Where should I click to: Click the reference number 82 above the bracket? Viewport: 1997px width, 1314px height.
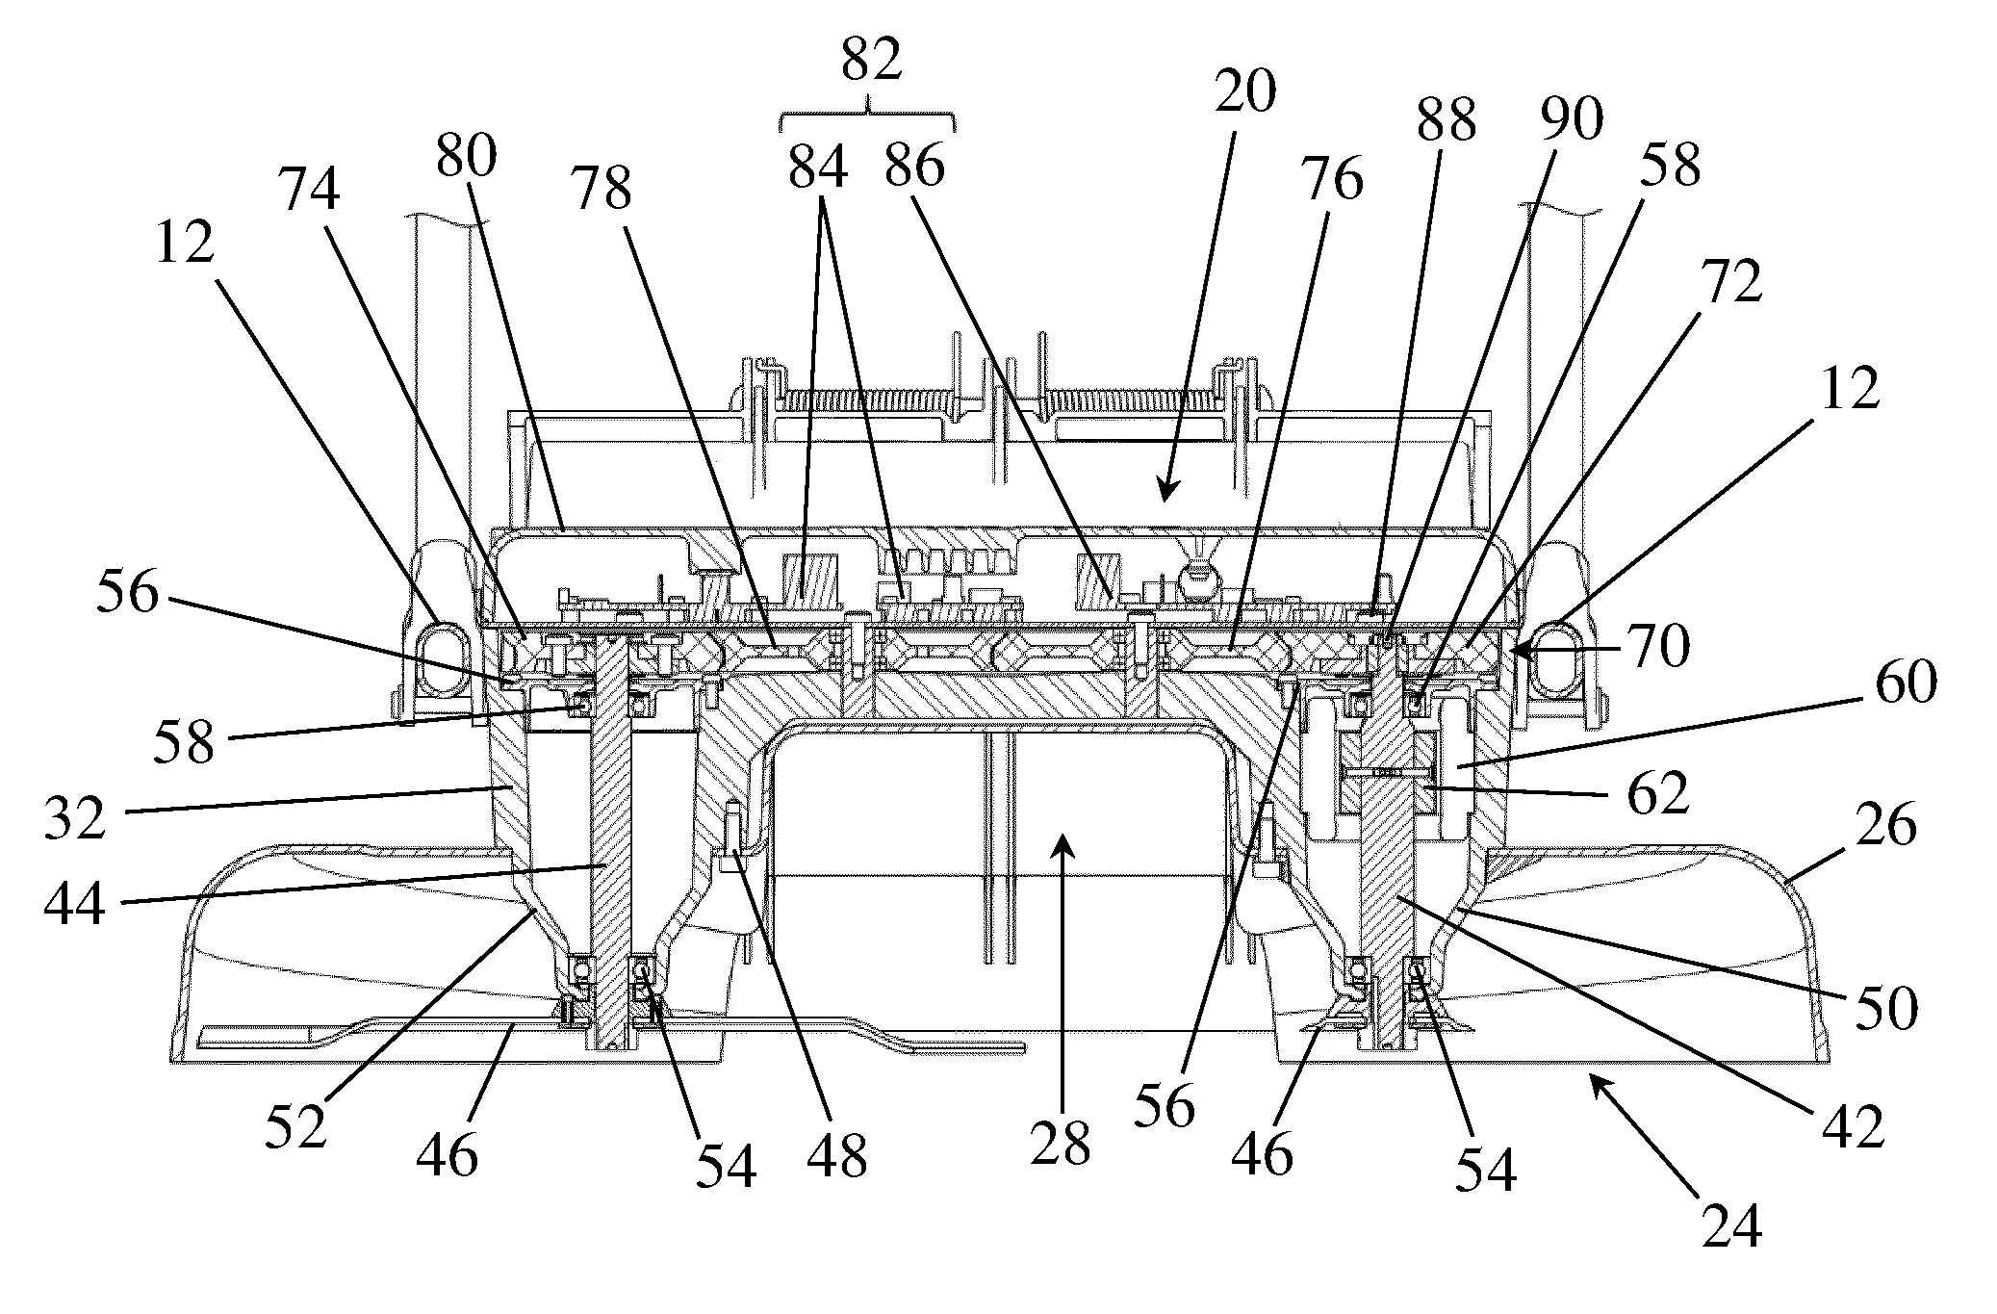[871, 62]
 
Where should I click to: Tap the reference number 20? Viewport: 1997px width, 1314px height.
[1244, 92]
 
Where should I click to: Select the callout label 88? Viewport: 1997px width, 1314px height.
[1446, 121]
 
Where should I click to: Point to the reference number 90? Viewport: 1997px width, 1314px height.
[1572, 119]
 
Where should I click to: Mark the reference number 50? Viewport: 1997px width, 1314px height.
[1886, 1009]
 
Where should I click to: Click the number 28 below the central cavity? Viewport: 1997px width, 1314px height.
[1061, 1144]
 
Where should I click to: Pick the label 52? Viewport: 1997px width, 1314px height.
[296, 1126]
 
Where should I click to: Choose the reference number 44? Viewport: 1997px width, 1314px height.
[75, 905]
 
